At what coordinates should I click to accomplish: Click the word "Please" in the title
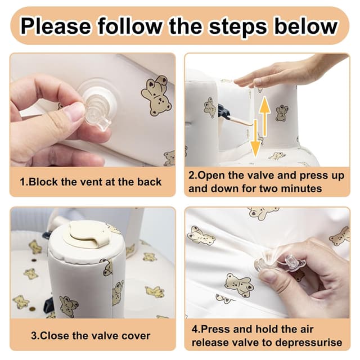56,26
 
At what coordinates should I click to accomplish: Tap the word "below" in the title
306,26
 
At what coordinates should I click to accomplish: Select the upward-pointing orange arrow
265,116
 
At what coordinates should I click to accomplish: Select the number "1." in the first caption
24,182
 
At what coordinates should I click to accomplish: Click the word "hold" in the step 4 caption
266,329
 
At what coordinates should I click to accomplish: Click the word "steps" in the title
238,27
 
